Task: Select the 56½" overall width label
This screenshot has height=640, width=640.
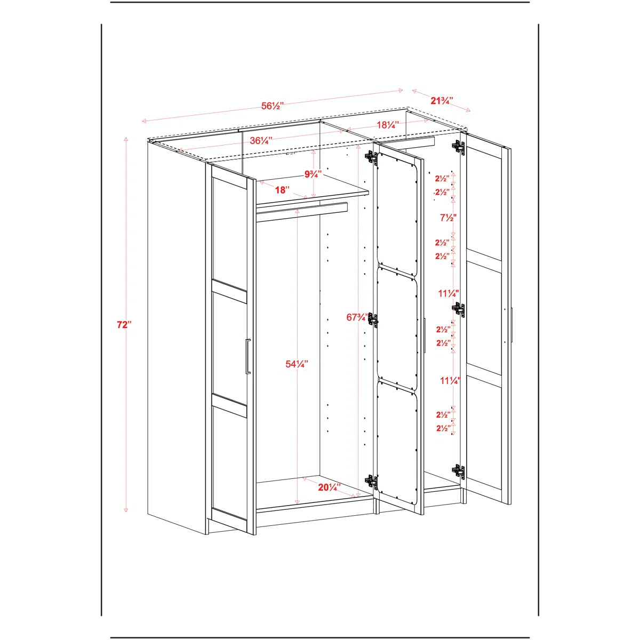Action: [x=273, y=106]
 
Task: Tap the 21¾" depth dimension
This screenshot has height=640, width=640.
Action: [x=442, y=101]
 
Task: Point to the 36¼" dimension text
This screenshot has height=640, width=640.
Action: [x=261, y=140]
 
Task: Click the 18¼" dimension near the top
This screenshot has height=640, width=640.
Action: [x=388, y=125]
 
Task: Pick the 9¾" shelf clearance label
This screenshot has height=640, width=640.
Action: [x=313, y=174]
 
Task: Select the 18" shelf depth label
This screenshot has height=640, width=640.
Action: [x=282, y=190]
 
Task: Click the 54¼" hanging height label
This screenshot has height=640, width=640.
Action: [x=297, y=364]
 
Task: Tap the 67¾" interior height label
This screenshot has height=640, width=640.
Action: [x=357, y=317]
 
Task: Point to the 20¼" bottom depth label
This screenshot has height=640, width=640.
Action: [x=330, y=487]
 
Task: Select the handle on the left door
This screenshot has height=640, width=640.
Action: [x=247, y=357]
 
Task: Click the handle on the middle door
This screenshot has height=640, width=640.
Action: [x=425, y=335]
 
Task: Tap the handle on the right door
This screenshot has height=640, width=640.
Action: [x=512, y=325]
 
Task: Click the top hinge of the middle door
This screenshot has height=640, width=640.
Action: [x=372, y=157]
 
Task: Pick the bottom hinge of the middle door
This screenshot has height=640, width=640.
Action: [x=372, y=481]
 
